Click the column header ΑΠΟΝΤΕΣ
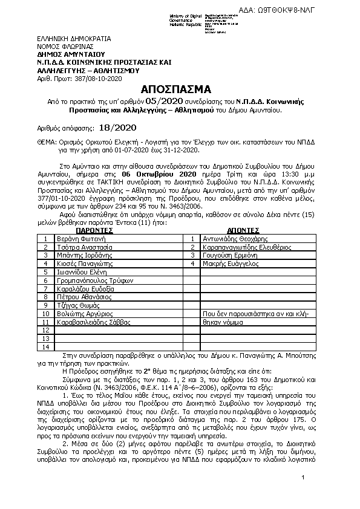(243, 230)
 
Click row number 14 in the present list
(45, 347)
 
